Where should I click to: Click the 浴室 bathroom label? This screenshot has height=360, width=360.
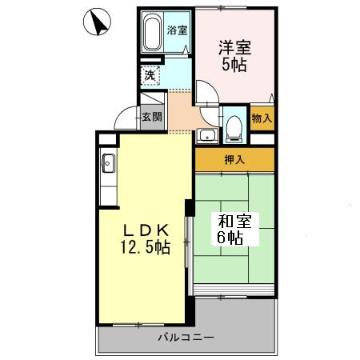[177, 30]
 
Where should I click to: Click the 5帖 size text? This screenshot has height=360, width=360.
[234, 66]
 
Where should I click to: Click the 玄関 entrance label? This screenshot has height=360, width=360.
[152, 117]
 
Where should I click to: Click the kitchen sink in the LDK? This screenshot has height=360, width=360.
[109, 168]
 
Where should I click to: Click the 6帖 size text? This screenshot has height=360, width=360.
[228, 238]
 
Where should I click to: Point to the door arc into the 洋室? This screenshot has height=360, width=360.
[207, 95]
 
